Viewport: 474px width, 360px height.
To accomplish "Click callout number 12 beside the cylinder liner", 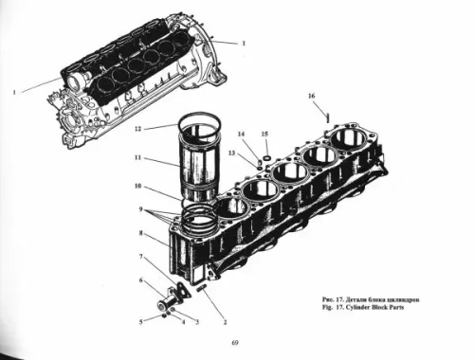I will tap(137, 128).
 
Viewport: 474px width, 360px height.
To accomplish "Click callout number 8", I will tap(139, 233).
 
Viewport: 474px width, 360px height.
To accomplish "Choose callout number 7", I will tap(140, 257).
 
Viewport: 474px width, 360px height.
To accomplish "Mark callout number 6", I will tap(141, 280).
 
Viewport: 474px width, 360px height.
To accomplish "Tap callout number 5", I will tap(142, 321).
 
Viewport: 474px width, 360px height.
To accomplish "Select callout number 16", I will tap(311, 97).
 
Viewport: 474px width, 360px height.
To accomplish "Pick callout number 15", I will tap(264, 135).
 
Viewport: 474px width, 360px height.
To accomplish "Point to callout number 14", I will tap(241, 135).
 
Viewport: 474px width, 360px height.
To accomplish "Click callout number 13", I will tap(230, 152).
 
